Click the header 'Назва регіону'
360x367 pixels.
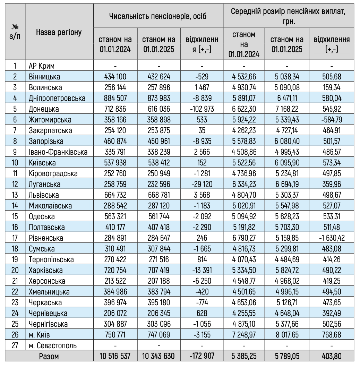coord(59,33)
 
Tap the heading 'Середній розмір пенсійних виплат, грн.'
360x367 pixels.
coord(289,16)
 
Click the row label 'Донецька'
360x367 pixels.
coord(44,109)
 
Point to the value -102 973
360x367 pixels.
coord(202,109)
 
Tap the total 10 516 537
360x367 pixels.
coord(115,356)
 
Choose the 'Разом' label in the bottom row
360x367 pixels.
coord(49,356)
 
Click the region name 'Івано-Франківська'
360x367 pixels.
coord(58,152)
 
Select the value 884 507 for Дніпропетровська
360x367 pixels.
coord(115,98)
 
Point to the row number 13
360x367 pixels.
coord(15,195)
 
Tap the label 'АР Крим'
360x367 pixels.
coord(42,66)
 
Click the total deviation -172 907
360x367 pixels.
coord(202,356)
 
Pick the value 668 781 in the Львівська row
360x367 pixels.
coord(158,195)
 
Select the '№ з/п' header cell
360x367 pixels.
coord(15,33)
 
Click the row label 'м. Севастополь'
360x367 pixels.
coord(52,345)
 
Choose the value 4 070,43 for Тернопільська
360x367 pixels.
coord(244,259)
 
